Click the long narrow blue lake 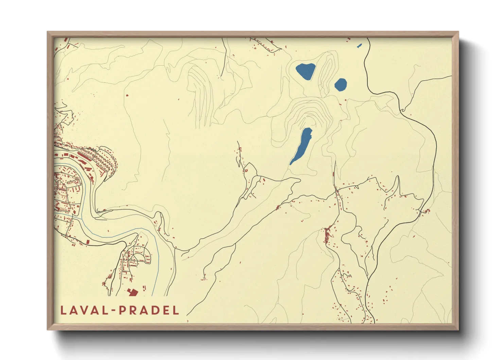coord(301,146)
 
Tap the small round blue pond coord(340,84)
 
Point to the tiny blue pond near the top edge coord(359,45)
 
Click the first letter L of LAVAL coord(63,310)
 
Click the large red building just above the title coord(132,292)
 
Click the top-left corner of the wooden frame coord(48,32)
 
